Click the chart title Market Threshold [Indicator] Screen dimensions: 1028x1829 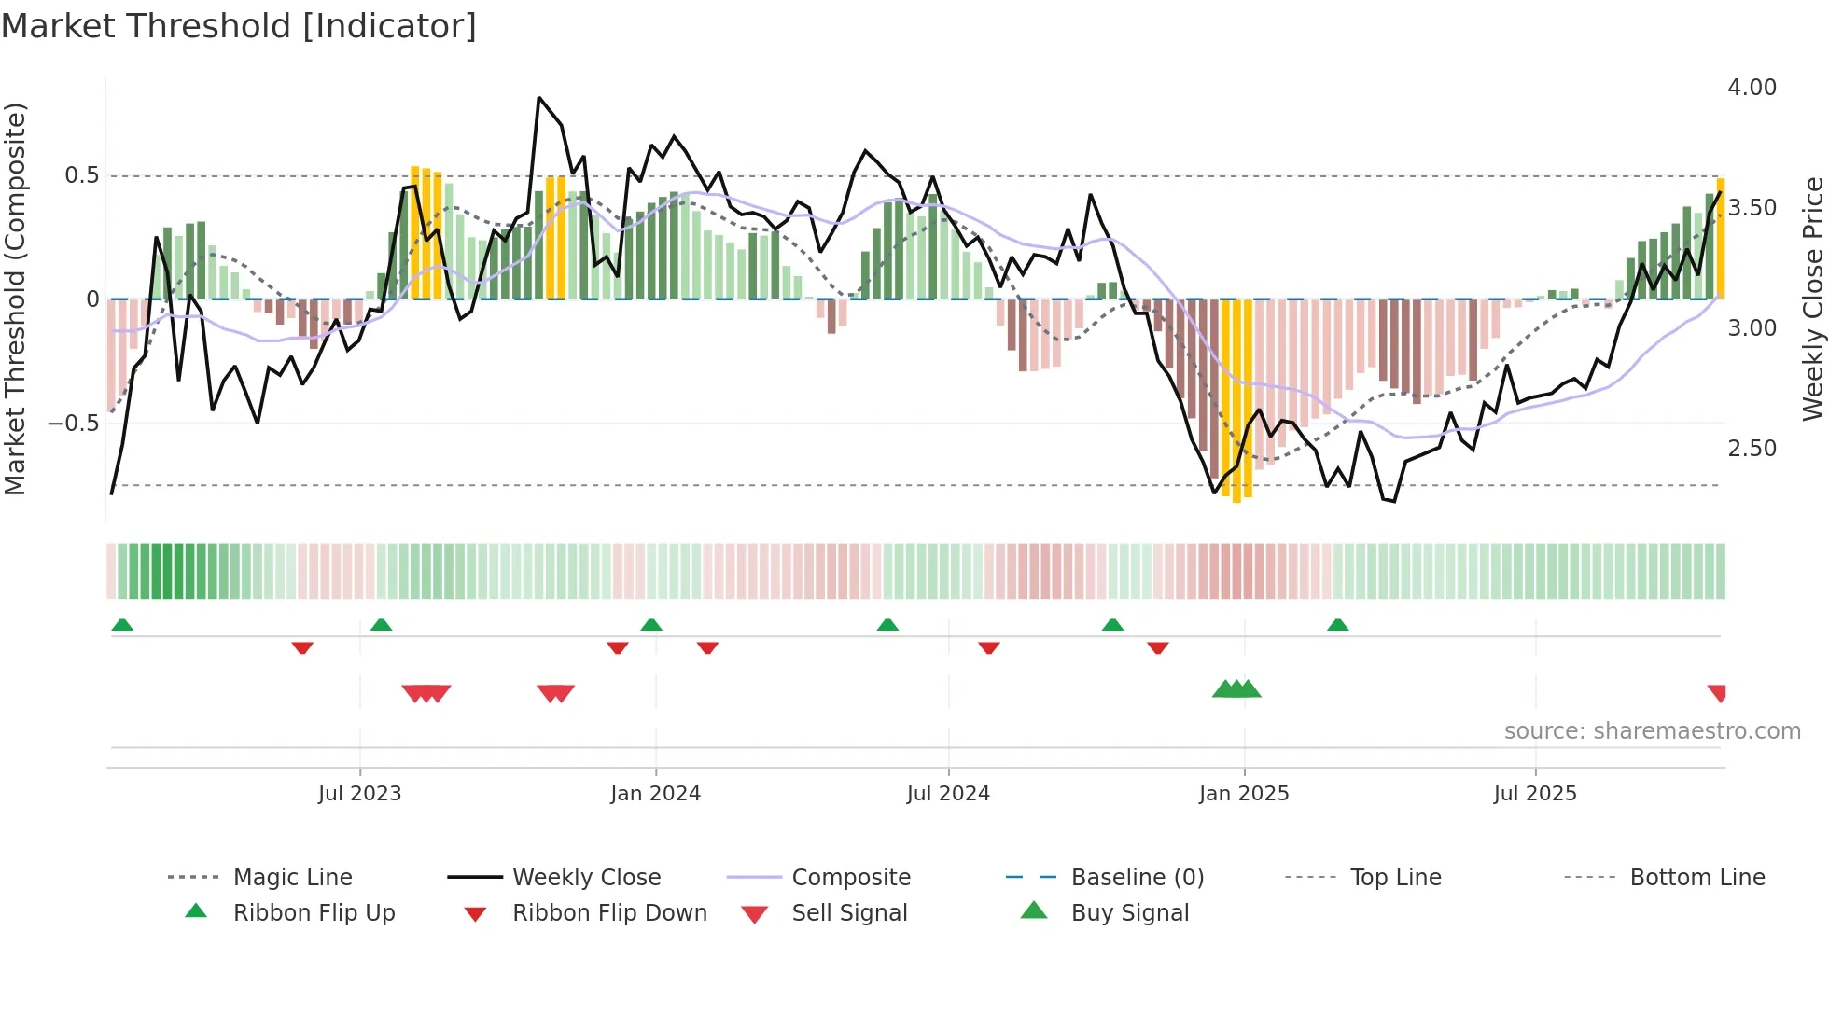(239, 26)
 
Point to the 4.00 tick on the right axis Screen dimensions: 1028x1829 (1752, 88)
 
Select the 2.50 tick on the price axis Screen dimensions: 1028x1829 (1752, 449)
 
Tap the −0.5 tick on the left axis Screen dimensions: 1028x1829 (74, 424)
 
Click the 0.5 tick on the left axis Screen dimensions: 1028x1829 (81, 175)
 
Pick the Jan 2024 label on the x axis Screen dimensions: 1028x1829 (655, 794)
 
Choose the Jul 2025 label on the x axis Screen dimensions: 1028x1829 (1535, 794)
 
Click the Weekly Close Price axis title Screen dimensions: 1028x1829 (1811, 299)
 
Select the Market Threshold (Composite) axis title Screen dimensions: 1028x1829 (15, 299)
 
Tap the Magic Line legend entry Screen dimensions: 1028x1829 (292, 878)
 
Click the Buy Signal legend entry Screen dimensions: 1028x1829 (1129, 913)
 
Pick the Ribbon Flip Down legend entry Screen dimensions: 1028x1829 (608, 913)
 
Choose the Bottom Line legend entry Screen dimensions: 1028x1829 (1696, 878)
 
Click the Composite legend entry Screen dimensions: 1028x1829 (850, 878)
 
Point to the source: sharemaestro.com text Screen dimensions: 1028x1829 (1652, 731)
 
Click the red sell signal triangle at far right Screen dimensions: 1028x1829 (1717, 692)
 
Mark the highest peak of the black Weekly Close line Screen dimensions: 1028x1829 (539, 98)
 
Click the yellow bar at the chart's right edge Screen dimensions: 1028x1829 (1721, 238)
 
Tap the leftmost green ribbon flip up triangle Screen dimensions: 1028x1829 (122, 625)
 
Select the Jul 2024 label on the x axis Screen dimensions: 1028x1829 (948, 794)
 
